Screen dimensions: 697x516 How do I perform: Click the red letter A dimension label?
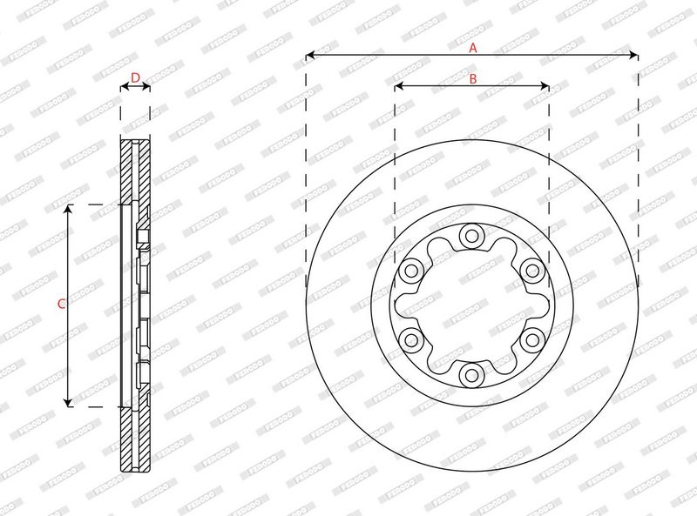point(473,48)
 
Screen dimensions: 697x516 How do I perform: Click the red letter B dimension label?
point(473,79)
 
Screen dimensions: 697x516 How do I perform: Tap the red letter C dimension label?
point(62,305)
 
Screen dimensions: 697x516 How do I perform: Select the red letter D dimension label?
point(136,77)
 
